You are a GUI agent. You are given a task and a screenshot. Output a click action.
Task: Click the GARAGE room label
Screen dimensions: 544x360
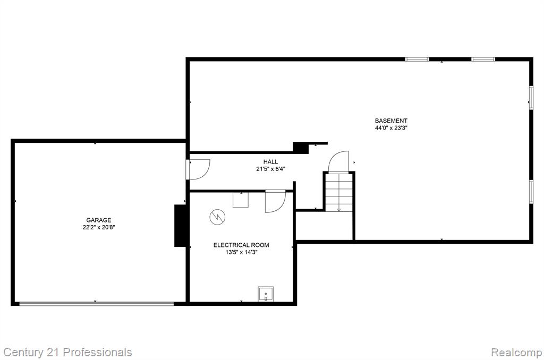[99, 220]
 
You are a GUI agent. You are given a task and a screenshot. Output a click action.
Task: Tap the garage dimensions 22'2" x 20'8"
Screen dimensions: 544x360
[99, 227]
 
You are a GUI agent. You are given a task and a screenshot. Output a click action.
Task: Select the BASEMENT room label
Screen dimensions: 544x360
[391, 121]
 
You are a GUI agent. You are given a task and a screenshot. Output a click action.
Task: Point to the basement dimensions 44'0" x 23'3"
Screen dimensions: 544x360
[391, 128]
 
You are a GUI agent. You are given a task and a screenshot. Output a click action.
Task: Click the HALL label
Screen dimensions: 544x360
[270, 161]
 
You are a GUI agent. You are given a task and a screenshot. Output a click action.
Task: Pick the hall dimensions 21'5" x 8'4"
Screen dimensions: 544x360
[270, 169]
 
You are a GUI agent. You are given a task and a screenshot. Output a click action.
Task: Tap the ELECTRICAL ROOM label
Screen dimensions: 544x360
[241, 245]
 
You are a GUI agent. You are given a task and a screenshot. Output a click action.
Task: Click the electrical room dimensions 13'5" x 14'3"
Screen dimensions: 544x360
[241, 252]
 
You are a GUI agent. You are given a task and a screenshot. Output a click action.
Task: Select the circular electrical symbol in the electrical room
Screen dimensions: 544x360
[217, 218]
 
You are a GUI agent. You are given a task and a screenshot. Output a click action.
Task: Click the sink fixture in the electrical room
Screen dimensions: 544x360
[266, 294]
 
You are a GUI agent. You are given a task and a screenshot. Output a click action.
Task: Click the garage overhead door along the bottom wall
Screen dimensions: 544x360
[97, 304]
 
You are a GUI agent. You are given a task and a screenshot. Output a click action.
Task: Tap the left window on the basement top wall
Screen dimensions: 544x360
[417, 59]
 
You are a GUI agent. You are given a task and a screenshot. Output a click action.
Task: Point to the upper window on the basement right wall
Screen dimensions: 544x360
[531, 98]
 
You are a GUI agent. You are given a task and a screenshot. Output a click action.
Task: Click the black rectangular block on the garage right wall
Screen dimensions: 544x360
[181, 226]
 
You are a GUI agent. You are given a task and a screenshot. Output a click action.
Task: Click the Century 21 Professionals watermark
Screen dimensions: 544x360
[67, 353]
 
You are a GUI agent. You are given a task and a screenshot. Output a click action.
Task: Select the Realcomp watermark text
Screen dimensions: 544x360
[516, 353]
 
